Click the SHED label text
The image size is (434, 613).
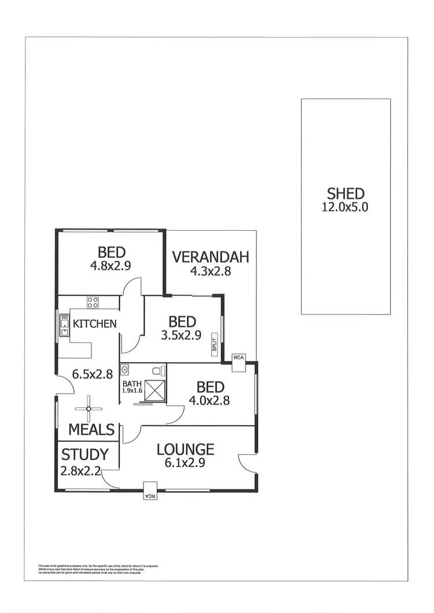click(x=345, y=194)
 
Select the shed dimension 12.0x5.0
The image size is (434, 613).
click(x=345, y=207)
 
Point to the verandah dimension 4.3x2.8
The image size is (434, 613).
click(x=211, y=271)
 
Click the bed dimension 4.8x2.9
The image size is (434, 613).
click(x=110, y=266)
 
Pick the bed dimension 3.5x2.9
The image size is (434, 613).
click(x=182, y=335)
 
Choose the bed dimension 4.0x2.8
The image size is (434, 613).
click(x=210, y=400)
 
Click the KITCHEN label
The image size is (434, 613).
click(x=94, y=323)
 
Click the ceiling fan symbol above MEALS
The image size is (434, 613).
click(x=89, y=408)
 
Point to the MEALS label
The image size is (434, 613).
click(x=91, y=430)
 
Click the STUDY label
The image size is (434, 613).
click(x=85, y=455)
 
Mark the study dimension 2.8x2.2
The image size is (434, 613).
click(x=81, y=471)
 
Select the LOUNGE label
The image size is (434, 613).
click(x=185, y=449)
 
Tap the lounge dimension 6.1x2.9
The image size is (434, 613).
click(x=185, y=463)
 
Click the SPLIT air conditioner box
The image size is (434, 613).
click(x=214, y=344)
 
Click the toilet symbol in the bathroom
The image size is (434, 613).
click(x=157, y=371)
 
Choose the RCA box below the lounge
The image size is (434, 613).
click(x=150, y=490)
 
